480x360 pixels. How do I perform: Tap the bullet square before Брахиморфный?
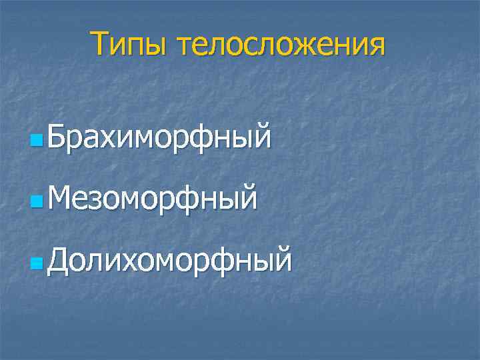(36, 141)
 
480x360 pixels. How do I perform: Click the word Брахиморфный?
(159, 137)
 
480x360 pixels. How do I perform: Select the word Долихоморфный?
(169, 257)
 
